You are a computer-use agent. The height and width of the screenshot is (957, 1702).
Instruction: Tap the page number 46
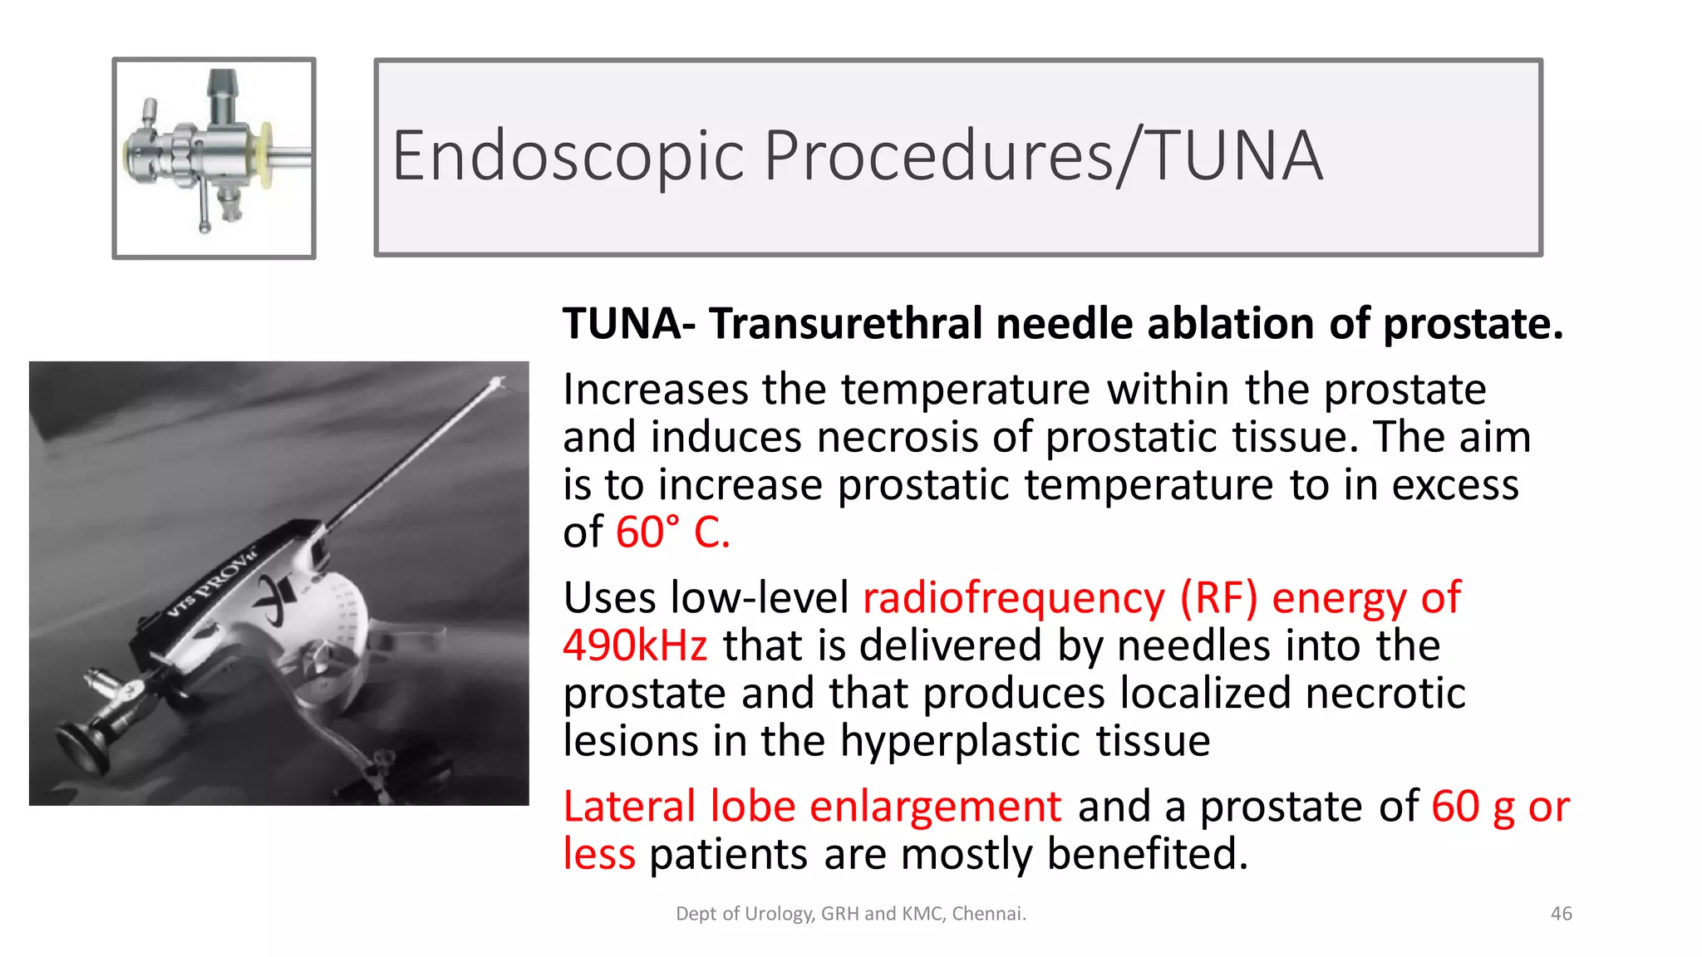point(1561,914)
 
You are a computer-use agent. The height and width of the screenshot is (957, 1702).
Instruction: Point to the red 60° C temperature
point(672,532)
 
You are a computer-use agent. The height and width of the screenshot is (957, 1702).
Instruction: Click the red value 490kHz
point(635,646)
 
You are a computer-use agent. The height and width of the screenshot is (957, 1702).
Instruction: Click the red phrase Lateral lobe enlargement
point(812,807)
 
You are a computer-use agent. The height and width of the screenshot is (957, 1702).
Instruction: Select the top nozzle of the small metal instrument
point(221,84)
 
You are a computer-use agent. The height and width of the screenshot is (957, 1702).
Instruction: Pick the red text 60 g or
point(1500,807)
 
